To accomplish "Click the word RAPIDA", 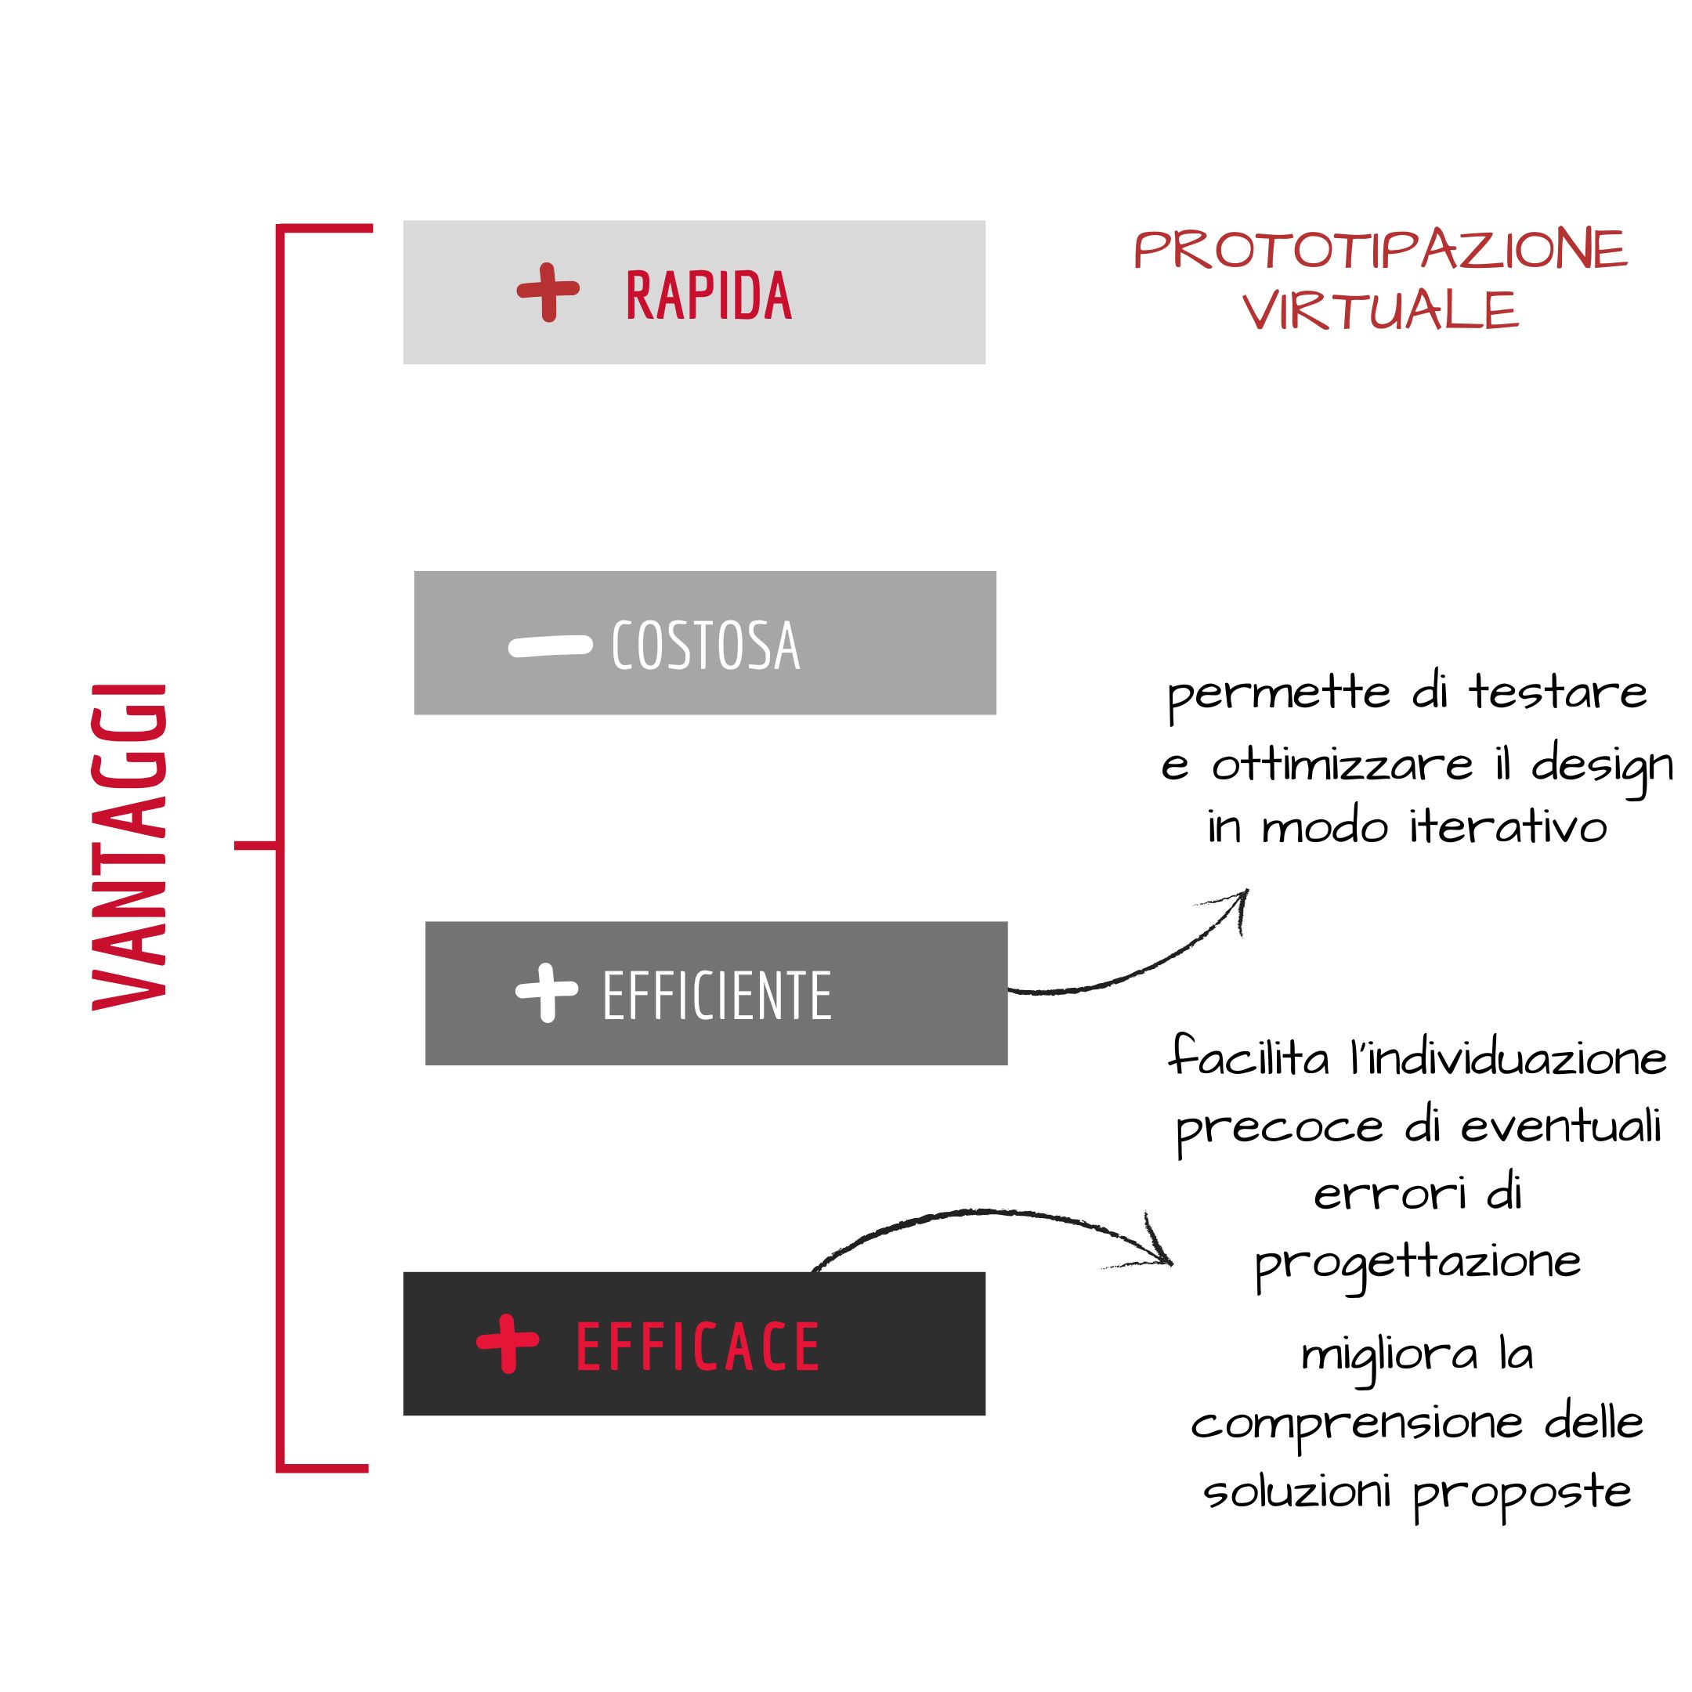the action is (x=708, y=295).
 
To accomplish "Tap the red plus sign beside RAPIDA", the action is (x=548, y=291).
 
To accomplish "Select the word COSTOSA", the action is (x=705, y=645).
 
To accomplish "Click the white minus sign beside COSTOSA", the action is (x=550, y=646).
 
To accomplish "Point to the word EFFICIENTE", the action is (x=717, y=996).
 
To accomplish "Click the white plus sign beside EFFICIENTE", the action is (x=548, y=992).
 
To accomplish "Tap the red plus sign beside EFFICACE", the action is (x=508, y=1343).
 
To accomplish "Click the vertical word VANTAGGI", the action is (x=129, y=846).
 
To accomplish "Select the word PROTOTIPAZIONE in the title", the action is (x=1380, y=250).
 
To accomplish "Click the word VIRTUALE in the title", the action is (x=1380, y=311).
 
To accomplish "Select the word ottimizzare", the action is (x=1342, y=764).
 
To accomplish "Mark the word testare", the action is (x=1558, y=692).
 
